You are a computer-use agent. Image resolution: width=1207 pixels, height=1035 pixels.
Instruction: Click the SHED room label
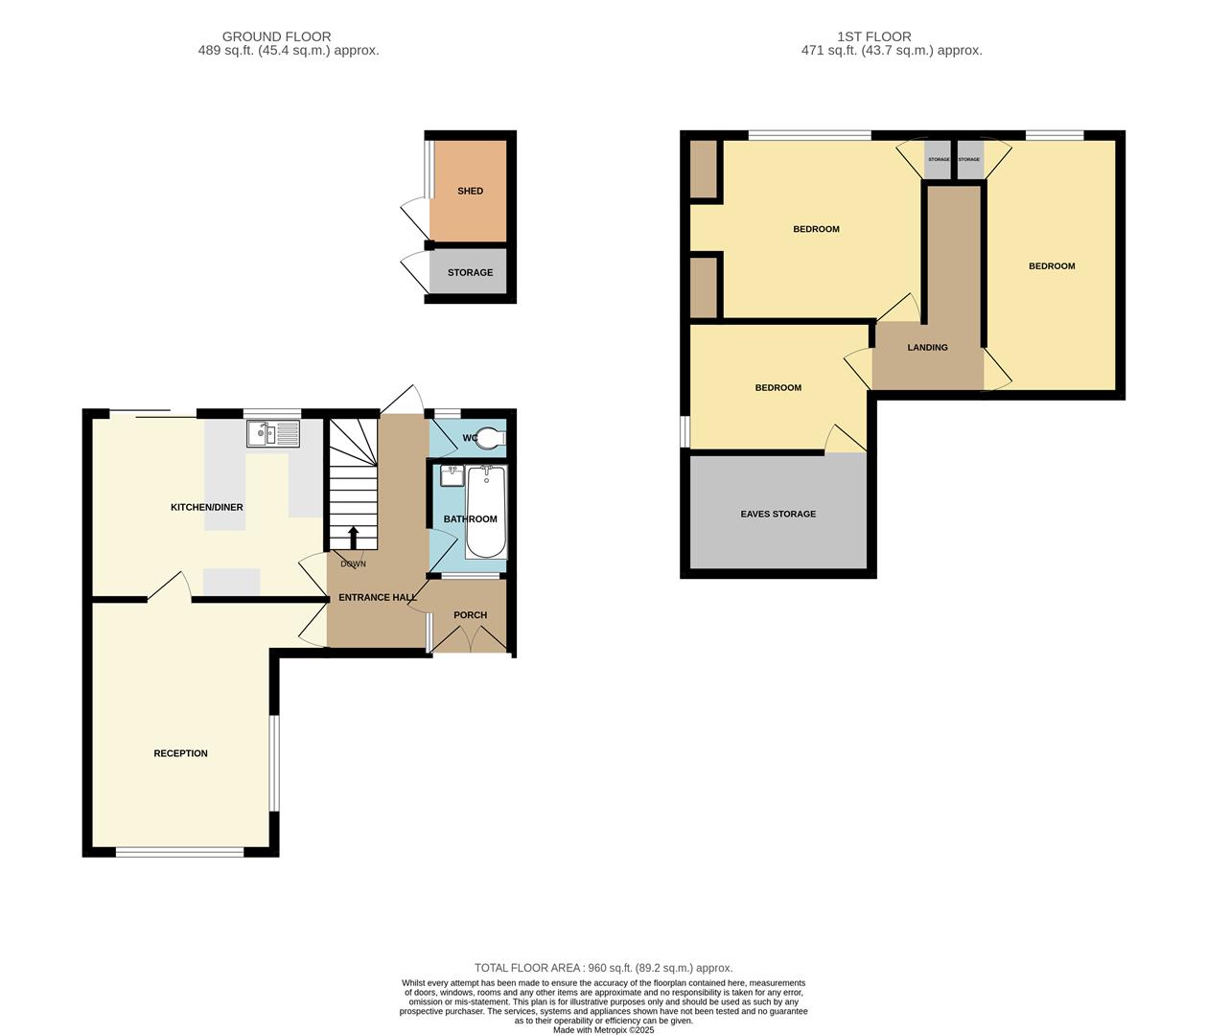470,191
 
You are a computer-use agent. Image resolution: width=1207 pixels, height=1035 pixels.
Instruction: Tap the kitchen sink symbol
273,434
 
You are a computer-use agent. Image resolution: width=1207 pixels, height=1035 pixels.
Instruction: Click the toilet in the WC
489,438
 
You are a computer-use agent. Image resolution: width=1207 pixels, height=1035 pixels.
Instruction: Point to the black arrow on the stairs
353,537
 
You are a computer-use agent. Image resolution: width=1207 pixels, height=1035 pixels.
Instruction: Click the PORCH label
470,615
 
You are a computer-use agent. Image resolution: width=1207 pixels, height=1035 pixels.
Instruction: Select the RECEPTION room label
180,753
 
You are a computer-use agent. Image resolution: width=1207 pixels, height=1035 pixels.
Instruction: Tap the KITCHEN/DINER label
206,507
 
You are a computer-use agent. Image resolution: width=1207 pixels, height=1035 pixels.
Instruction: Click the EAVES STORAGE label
778,514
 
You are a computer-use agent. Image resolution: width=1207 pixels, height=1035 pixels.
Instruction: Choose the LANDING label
927,347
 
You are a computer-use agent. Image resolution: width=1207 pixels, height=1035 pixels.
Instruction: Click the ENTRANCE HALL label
378,597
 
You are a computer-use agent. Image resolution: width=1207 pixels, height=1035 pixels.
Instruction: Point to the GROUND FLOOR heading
276,36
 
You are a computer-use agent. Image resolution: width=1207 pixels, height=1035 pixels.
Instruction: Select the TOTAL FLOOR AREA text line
603,968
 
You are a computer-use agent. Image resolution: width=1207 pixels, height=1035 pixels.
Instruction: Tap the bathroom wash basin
452,475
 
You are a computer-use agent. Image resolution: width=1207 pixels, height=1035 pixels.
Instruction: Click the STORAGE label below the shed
470,272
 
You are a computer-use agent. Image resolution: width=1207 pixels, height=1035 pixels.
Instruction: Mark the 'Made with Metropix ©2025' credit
603,1030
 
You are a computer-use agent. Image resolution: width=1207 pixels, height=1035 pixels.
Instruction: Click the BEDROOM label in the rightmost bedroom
1052,265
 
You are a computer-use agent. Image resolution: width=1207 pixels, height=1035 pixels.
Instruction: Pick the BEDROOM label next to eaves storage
778,387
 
